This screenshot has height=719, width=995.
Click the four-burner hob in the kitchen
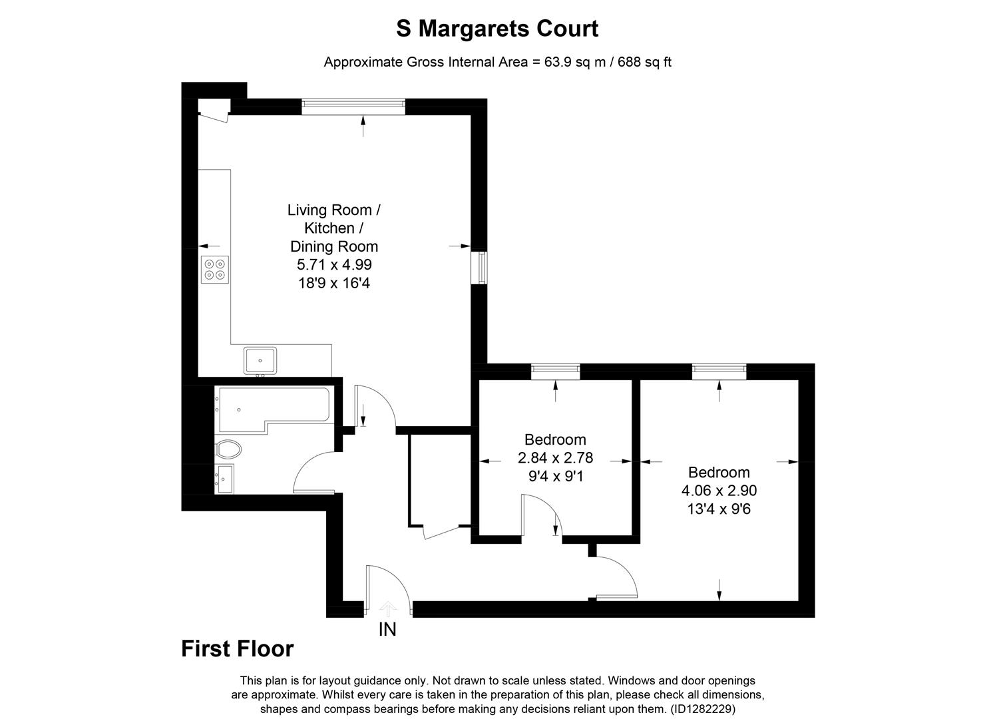click(x=215, y=269)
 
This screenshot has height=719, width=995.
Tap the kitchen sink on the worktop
click(x=260, y=360)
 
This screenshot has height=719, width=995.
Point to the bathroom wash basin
click(x=224, y=479)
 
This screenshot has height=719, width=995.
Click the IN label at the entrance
click(x=387, y=629)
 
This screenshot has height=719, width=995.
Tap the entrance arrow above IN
click(x=388, y=608)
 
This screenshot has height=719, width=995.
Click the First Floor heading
click(x=237, y=648)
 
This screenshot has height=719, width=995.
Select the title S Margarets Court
click(x=497, y=29)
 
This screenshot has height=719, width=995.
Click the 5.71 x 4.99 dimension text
click(x=334, y=265)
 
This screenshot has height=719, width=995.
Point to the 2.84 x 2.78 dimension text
click(x=555, y=458)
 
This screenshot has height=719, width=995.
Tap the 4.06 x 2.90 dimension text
click(x=719, y=491)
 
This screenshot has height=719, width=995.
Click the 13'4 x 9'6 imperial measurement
click(x=719, y=509)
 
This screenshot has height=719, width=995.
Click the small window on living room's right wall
click(x=479, y=267)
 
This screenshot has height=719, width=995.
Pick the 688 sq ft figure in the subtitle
click(x=645, y=62)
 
